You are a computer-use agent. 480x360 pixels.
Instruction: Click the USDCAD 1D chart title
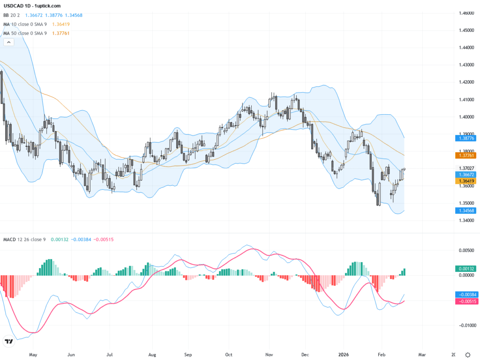(x=32, y=6)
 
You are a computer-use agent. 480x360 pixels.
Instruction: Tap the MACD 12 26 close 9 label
(x=25, y=240)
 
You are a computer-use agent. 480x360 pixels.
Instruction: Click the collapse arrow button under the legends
(x=8, y=42)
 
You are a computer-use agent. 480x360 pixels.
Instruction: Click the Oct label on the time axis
(x=228, y=355)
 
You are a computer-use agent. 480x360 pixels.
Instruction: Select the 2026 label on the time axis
(x=344, y=355)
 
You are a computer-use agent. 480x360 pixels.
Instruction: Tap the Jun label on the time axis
(x=71, y=355)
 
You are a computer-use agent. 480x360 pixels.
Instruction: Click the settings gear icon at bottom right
(x=467, y=354)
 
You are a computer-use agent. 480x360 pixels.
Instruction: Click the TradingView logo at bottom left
(x=8, y=342)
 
